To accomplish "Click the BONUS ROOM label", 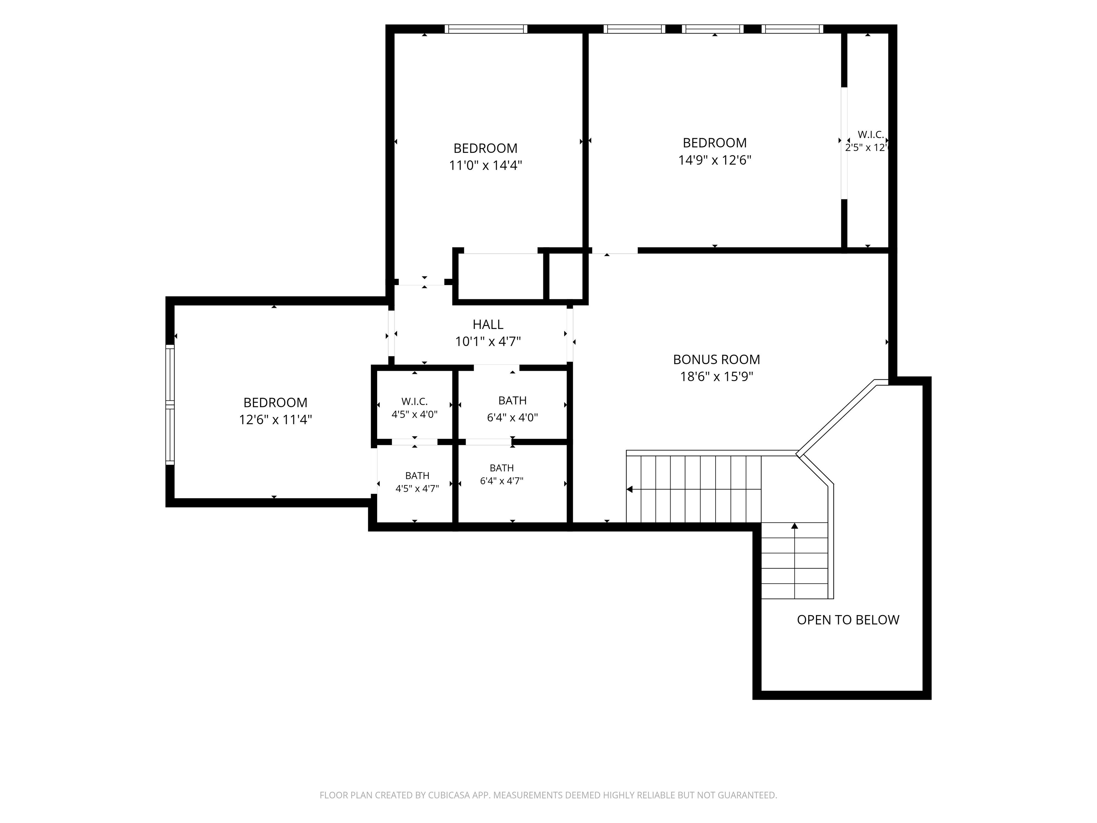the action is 716,359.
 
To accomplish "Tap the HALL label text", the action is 488,324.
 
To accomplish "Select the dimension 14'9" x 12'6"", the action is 715,160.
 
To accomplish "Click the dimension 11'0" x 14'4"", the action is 486,165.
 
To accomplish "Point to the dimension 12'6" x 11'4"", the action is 275,420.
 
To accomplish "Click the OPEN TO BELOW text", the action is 848,620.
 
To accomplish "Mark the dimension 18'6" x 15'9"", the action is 716,376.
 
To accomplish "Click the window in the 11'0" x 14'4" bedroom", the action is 486,29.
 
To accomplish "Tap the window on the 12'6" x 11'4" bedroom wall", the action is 170,405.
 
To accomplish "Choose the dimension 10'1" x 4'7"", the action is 488,342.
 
